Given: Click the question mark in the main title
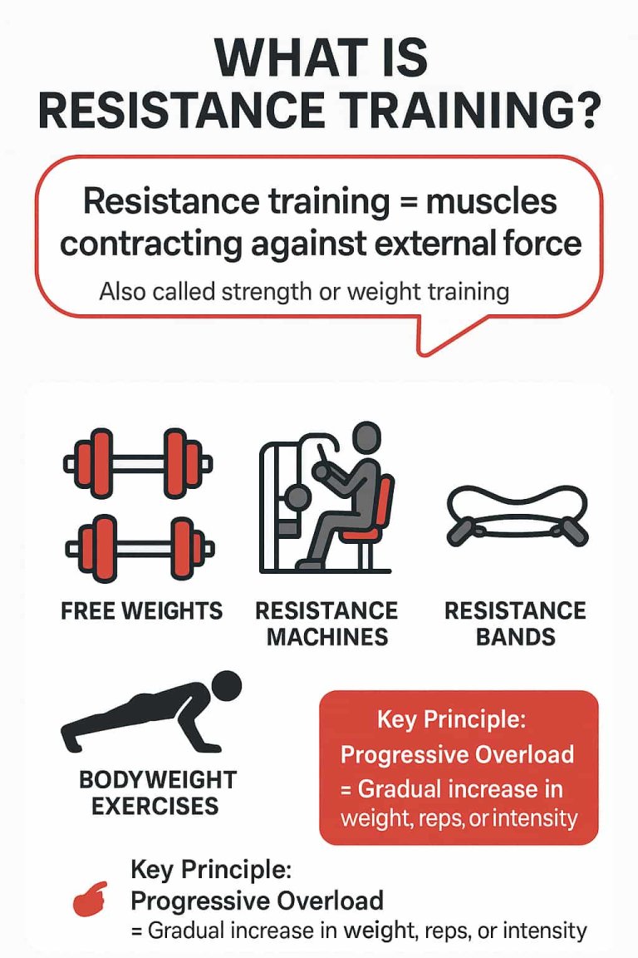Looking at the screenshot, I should pos(580,111).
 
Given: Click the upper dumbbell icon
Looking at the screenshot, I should pos(138,463).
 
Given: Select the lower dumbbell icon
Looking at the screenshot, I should pos(138,548).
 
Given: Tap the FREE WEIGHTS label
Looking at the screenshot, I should pos(142,611).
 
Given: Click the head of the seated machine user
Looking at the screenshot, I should pos(365,439).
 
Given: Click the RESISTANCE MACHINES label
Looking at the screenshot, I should pos(326,624).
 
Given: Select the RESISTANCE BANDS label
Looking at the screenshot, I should pos(515,624).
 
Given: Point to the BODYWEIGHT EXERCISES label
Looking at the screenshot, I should pos(158,793).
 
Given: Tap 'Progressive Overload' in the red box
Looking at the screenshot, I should pos(458,754).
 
